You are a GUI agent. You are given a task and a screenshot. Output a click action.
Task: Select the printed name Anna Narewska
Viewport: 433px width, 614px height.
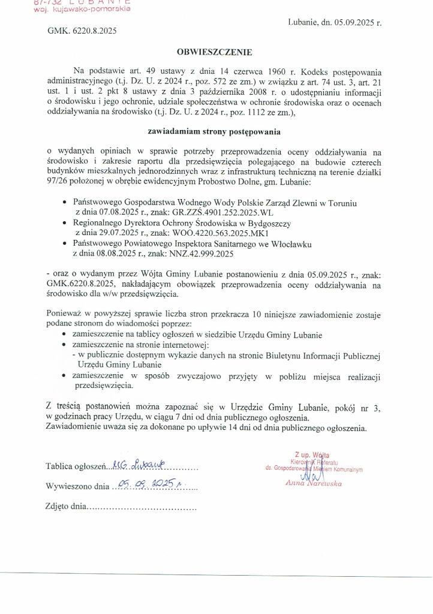314,483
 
